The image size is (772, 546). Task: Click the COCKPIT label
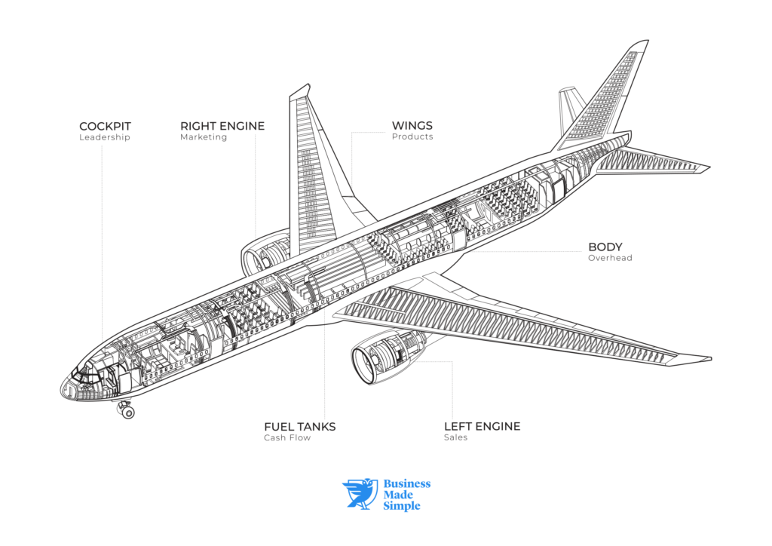coord(105,126)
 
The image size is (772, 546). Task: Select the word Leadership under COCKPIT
coord(105,138)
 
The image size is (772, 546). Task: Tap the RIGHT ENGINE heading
coord(222,126)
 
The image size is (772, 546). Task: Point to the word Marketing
coord(204,138)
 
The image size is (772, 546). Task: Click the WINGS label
coord(412,125)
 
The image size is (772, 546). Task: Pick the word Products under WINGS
coord(412,137)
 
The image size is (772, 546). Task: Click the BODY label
coord(605,247)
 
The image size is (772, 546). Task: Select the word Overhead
coord(610,258)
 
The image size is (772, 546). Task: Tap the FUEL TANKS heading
coord(299,427)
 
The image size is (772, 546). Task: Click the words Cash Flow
coord(287,438)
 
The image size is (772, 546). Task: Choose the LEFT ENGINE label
coord(482,427)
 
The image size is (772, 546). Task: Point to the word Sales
coord(455,438)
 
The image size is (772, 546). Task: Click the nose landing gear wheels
coord(127,411)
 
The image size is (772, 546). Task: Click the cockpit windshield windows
coord(84,373)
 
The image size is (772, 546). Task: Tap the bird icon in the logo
coord(360,493)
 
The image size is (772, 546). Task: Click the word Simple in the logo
coord(402,506)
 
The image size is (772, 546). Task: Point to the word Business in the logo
coord(407,483)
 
